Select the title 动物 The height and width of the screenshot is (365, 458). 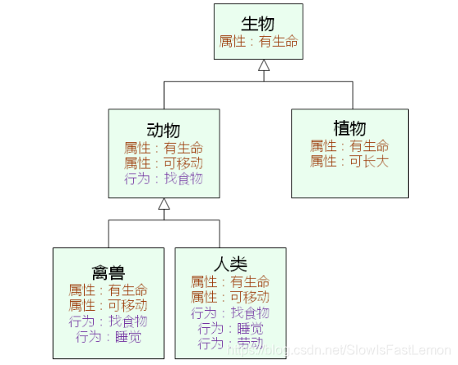(x=163, y=130)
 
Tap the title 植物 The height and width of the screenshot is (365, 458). (x=349, y=128)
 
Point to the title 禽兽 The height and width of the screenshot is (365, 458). (x=108, y=271)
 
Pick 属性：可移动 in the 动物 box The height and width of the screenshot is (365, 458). (x=163, y=163)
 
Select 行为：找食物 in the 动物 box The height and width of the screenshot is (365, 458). (x=163, y=178)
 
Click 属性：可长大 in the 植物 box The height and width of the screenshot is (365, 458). (x=349, y=161)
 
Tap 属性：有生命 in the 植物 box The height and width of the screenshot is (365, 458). (x=349, y=146)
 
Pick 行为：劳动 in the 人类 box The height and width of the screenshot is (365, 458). (x=230, y=343)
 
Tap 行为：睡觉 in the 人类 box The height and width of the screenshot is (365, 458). (x=230, y=328)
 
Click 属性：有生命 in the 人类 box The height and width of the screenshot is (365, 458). (x=230, y=281)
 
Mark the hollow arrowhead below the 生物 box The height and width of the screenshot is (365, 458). (x=263, y=66)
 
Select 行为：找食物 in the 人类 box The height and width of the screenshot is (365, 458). (x=230, y=312)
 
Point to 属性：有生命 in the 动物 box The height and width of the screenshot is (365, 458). (x=163, y=148)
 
